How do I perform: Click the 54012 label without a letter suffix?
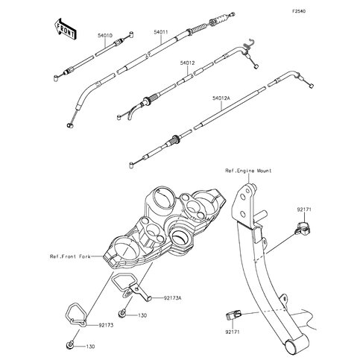pyautogui.click(x=187, y=64)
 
